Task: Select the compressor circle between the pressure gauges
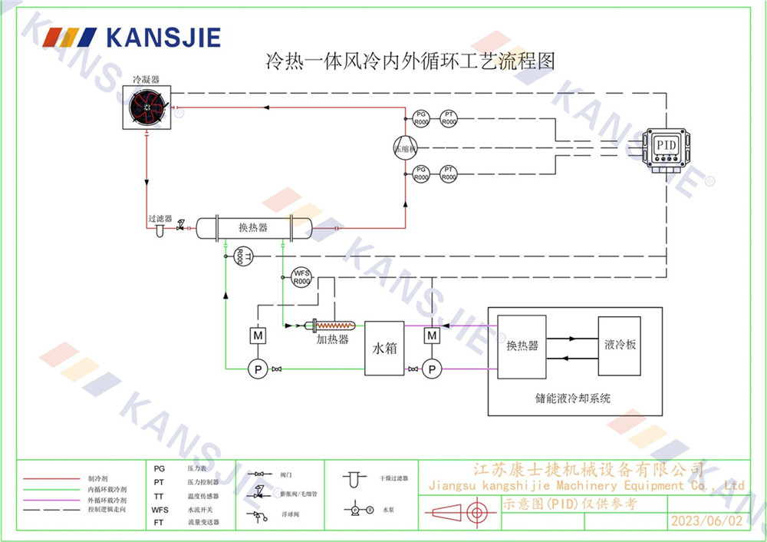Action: (x=404, y=147)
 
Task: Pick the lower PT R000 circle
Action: (x=449, y=174)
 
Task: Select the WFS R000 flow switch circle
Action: (x=301, y=277)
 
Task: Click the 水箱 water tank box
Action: (x=384, y=348)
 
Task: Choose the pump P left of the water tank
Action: (x=256, y=369)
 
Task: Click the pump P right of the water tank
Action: (x=433, y=369)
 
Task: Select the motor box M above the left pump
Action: (x=256, y=335)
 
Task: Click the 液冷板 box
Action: (x=620, y=345)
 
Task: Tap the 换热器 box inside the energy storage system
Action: (x=522, y=345)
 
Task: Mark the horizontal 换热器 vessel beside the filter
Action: (x=254, y=227)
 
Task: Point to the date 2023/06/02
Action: (x=706, y=520)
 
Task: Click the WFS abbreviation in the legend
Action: (x=160, y=509)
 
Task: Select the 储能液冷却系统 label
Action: (x=574, y=398)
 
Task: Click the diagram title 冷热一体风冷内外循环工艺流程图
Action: (x=410, y=61)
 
